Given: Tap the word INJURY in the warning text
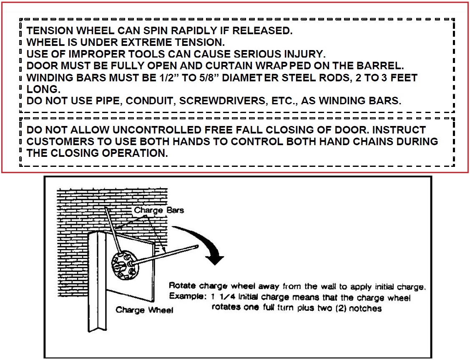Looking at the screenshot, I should [x=307, y=54].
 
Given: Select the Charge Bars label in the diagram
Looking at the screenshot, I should [x=158, y=210].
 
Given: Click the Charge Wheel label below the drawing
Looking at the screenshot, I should [x=144, y=310].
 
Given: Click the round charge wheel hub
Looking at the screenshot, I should [x=124, y=264].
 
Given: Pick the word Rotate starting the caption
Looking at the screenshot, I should [x=183, y=286].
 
